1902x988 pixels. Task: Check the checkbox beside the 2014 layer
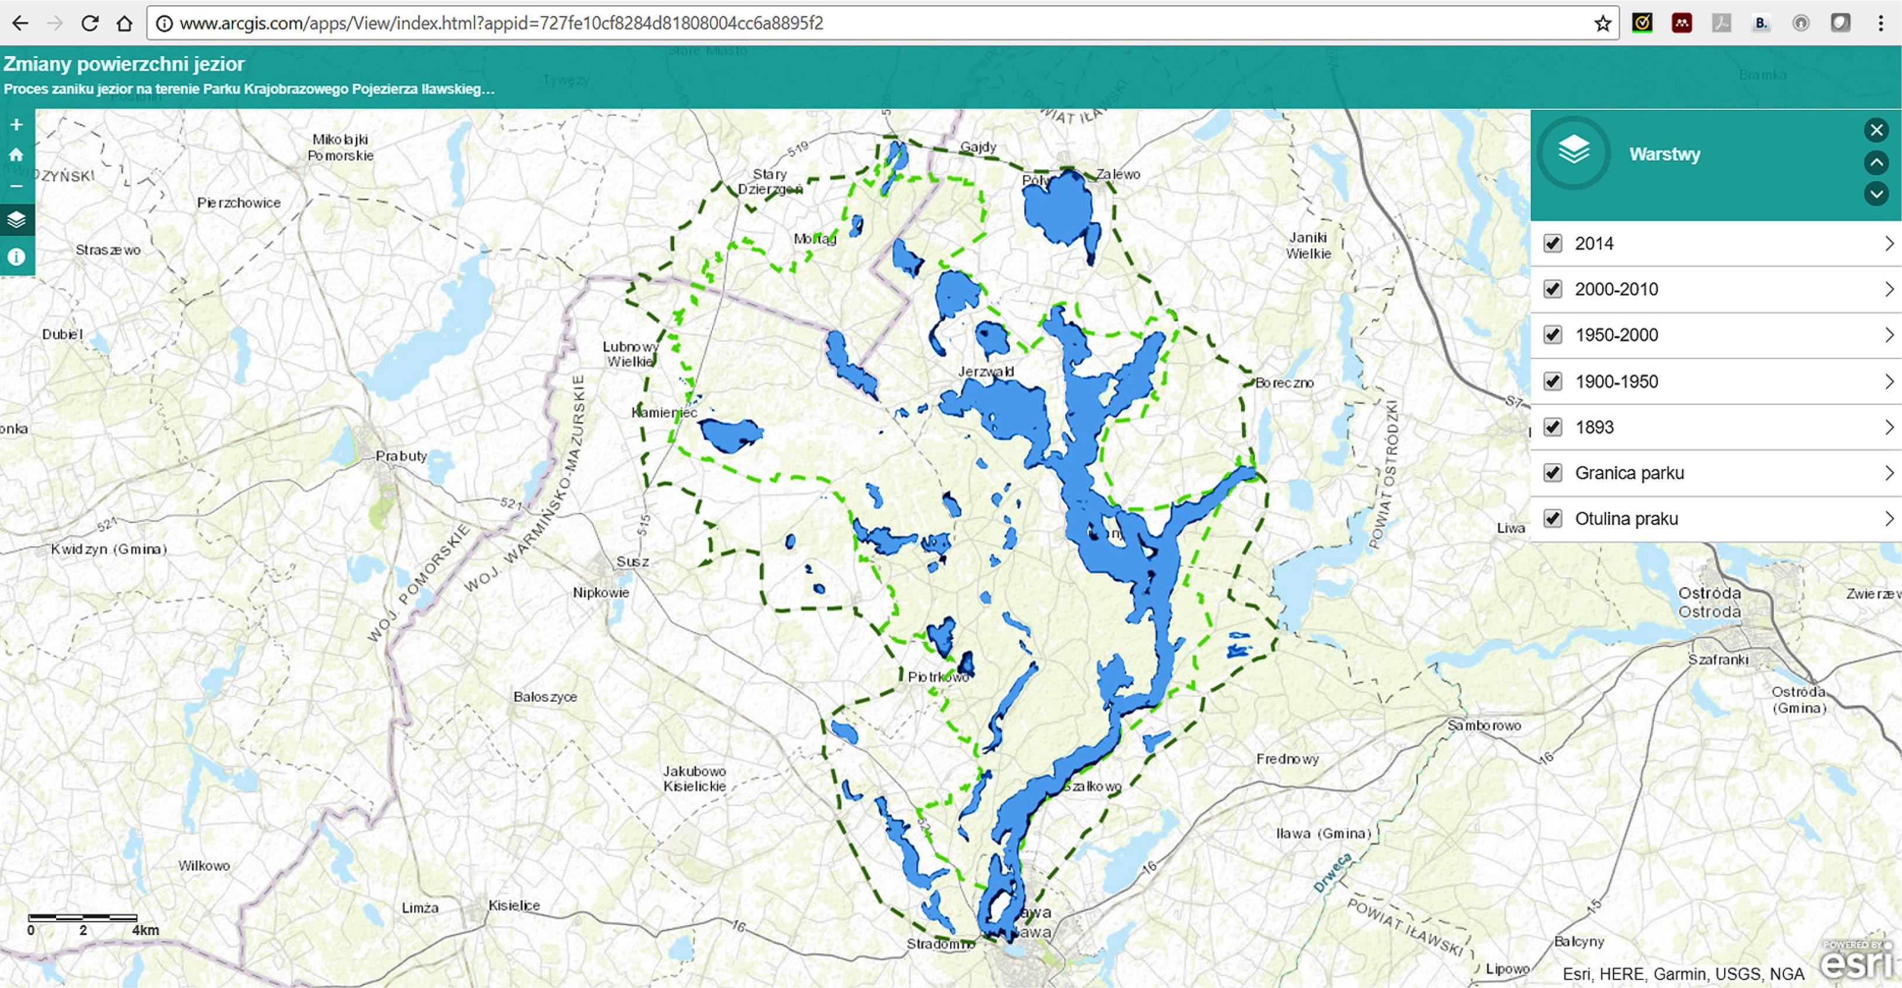(x=1553, y=243)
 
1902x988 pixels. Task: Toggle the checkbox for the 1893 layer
(x=1553, y=427)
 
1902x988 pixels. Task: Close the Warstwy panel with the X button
(x=1876, y=131)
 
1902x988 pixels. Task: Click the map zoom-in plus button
(x=16, y=125)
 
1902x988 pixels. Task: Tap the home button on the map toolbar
(x=16, y=155)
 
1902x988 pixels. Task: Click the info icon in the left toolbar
(x=16, y=257)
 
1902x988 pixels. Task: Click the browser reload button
(x=90, y=23)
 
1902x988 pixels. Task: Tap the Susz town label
(x=633, y=562)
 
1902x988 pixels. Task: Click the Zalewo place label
(x=1118, y=174)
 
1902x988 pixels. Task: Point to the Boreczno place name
(x=1285, y=383)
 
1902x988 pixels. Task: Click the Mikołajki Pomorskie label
(x=340, y=147)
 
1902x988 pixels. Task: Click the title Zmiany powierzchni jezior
(x=124, y=64)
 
